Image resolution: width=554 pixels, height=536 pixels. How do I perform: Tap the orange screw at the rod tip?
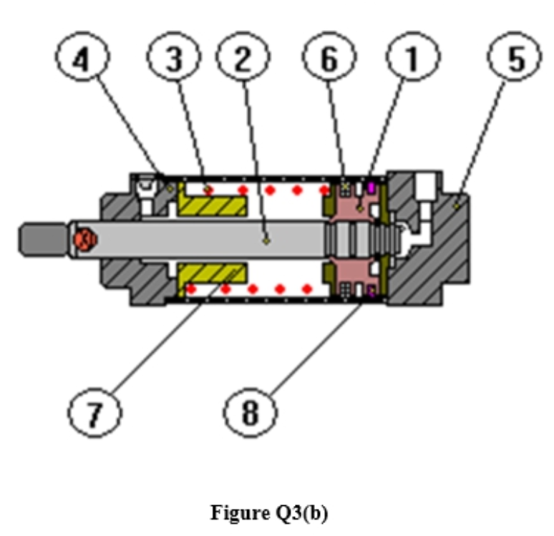(x=83, y=238)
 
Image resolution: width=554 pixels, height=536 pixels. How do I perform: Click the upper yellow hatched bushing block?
(x=213, y=204)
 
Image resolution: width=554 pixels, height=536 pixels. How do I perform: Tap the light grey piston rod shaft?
(x=215, y=238)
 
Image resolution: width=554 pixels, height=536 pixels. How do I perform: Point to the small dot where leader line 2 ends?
(x=266, y=241)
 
